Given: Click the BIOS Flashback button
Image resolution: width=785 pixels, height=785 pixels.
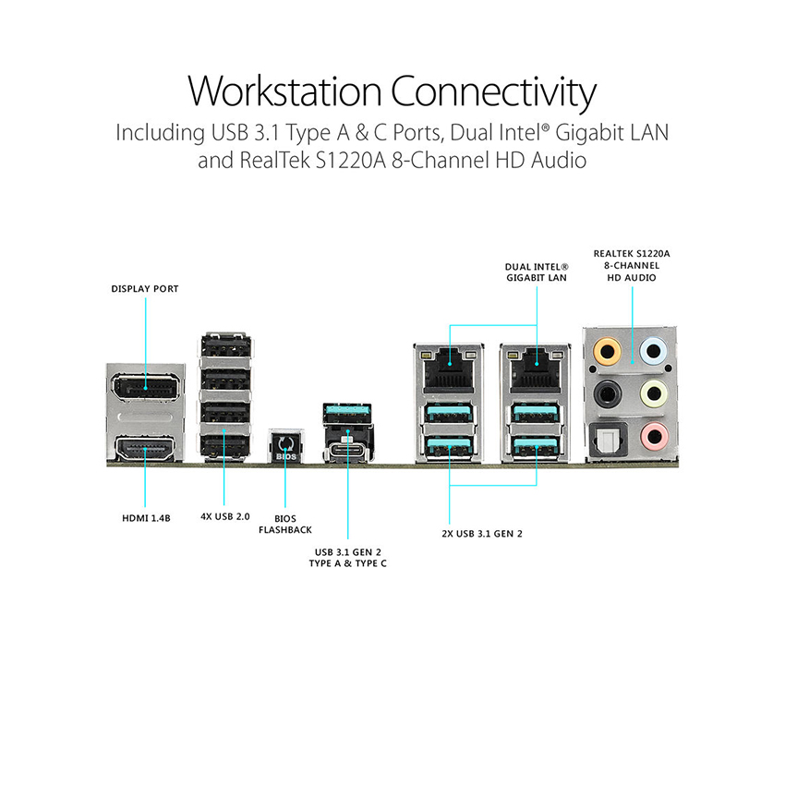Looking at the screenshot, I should (284, 446).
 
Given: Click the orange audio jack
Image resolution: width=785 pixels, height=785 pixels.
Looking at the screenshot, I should (608, 351).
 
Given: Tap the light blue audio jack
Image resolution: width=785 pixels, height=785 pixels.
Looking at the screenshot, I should (654, 351).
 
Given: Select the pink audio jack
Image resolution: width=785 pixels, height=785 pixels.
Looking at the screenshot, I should (654, 434).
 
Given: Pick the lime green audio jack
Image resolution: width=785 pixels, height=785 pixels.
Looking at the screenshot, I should (654, 392).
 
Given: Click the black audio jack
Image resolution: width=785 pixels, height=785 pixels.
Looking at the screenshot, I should (608, 392).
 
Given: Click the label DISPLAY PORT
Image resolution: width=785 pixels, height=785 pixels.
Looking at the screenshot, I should (145, 289).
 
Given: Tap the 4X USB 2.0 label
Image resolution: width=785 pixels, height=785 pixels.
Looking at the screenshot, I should (225, 517).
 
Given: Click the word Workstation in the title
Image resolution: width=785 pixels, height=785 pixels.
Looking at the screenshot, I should (284, 93).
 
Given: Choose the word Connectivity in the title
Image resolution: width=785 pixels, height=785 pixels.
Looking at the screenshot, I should (493, 93).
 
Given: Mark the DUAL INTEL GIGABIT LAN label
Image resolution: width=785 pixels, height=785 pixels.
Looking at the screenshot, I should (537, 272).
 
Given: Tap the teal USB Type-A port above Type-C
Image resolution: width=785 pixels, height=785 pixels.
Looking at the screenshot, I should (347, 411).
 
